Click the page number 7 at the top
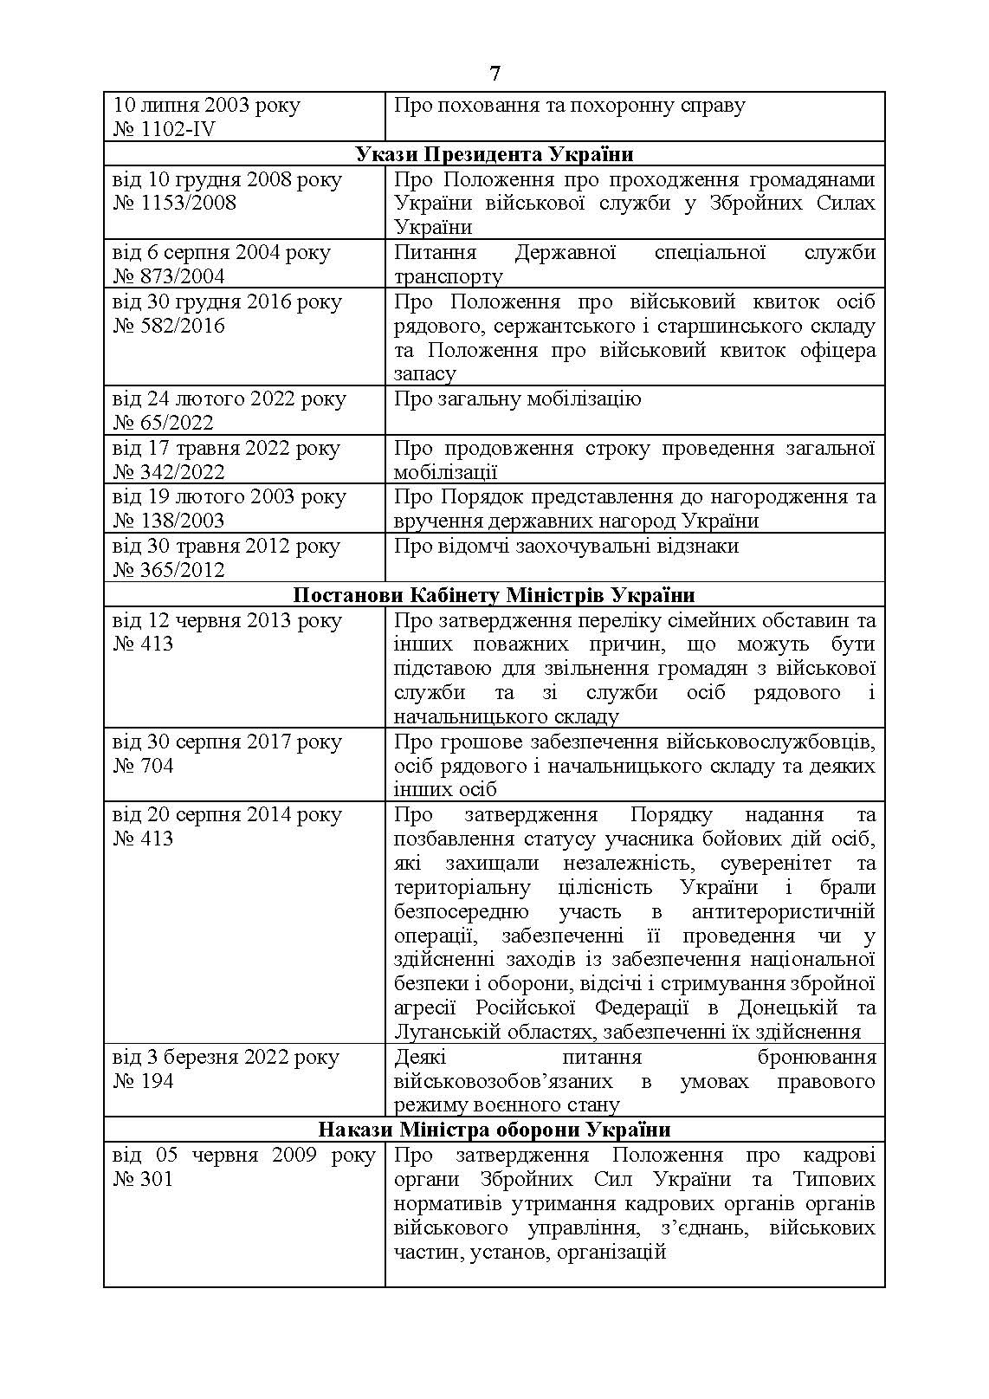(494, 74)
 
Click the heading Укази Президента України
(494, 154)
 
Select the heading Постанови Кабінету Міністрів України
(494, 595)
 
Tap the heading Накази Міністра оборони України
(494, 1130)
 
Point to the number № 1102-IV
(165, 130)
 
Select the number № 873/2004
(169, 276)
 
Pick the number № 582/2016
(169, 326)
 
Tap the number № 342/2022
(169, 472)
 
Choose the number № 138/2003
(169, 521)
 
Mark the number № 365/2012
(169, 570)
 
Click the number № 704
(143, 766)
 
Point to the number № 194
(143, 1081)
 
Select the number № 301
(143, 1179)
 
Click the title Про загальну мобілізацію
(517, 399)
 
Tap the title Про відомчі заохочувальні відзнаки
(566, 546)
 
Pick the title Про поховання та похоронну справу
(569, 106)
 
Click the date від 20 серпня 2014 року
(227, 814)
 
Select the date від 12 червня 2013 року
(227, 620)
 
